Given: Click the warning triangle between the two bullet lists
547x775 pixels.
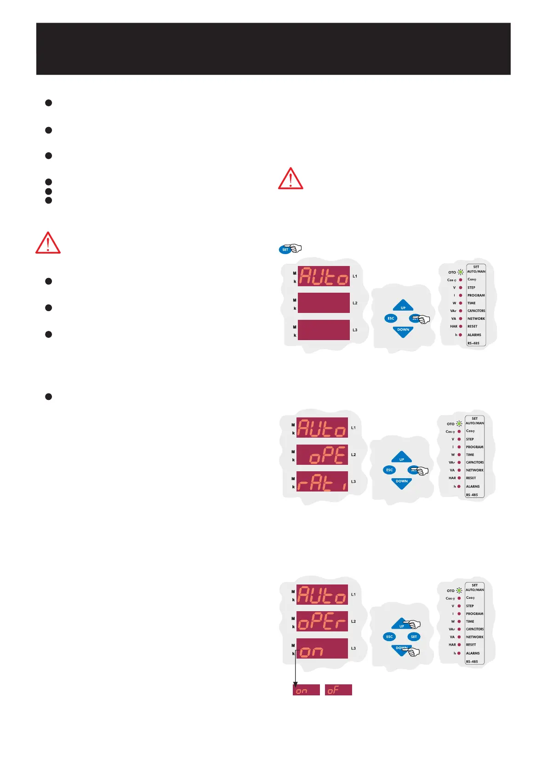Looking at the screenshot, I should coord(48,243).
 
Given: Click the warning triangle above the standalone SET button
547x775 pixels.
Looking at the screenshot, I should coord(290,179).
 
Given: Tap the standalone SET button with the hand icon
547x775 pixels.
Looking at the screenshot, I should coord(285,249).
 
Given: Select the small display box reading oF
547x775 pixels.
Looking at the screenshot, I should coord(338,689).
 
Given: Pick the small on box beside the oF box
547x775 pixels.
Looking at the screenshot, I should coord(306,689).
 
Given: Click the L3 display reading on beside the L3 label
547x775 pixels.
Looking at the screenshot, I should coord(322,648).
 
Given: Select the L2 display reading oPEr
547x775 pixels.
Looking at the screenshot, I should coord(322,621).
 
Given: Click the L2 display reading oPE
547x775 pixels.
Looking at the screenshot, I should coord(322,455).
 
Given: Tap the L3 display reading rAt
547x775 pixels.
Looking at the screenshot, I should coord(322,481).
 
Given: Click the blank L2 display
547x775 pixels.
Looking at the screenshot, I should coord(324,303).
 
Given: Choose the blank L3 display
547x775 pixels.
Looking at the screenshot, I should coord(324,330).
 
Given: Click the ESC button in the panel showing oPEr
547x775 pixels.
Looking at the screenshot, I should coord(389,637).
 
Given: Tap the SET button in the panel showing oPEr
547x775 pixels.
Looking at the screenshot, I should coord(414,637).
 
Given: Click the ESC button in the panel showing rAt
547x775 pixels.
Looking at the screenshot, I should coord(389,470).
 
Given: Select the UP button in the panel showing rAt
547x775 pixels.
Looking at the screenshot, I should coord(402,458).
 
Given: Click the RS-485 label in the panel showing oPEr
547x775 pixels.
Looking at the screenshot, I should coord(472,662).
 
